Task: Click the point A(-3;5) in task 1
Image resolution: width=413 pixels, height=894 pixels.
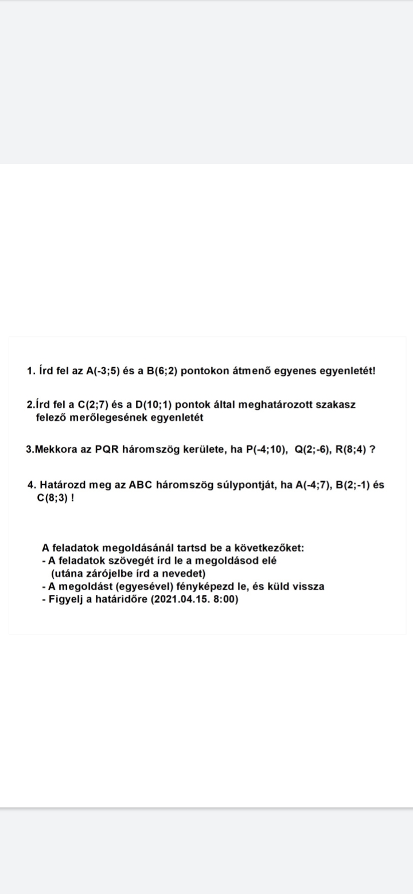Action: [103, 371]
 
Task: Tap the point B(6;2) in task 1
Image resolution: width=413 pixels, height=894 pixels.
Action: [163, 371]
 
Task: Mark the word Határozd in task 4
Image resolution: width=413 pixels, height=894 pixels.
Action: [63, 485]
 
